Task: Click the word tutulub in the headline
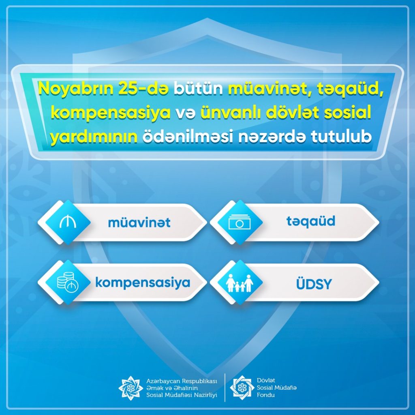point(341,137)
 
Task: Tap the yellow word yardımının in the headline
point(94,137)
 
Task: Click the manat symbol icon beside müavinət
point(68,222)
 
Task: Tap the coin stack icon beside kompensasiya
point(68,282)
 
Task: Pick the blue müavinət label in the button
point(139,222)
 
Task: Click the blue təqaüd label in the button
point(311,221)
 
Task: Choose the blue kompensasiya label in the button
point(143,282)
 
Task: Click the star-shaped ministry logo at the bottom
point(131,388)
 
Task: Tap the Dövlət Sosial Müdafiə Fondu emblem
point(242,387)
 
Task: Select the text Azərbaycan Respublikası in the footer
point(182,381)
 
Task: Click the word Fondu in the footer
point(265,395)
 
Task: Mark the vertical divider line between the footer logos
point(225,388)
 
